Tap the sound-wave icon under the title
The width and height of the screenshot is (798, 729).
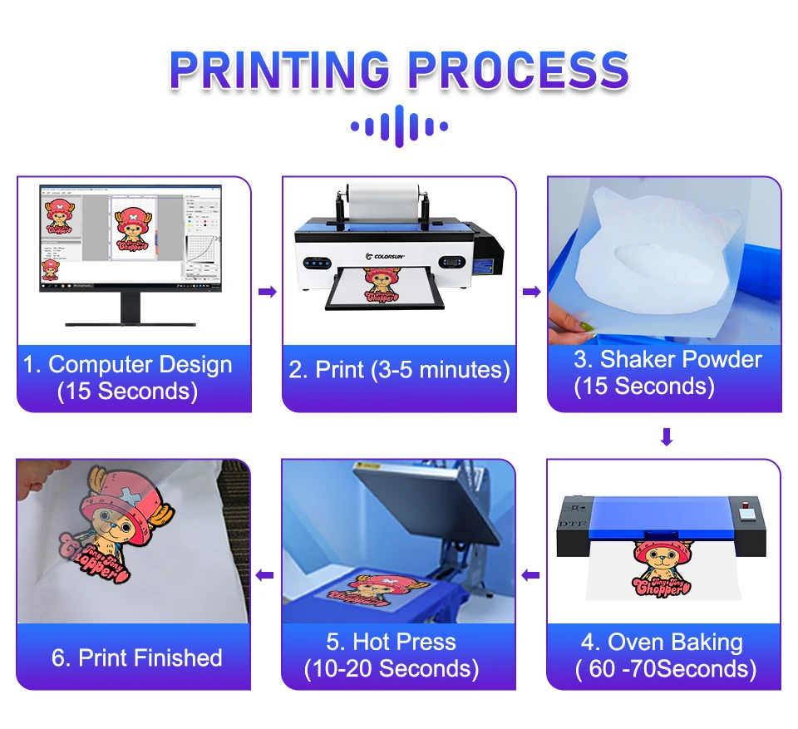tap(399, 126)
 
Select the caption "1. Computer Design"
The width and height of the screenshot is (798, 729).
tap(128, 365)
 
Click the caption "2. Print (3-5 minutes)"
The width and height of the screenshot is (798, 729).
tap(399, 370)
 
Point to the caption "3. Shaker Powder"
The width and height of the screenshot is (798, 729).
tap(667, 360)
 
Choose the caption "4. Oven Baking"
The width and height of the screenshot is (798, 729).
tap(663, 642)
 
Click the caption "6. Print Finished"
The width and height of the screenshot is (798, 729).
tap(137, 658)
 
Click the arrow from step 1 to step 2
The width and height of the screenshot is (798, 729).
tap(267, 292)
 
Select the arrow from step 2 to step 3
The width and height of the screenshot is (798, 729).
tap(531, 292)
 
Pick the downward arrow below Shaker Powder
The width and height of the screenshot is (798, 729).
tap(666, 436)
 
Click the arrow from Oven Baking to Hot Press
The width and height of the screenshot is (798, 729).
tap(531, 574)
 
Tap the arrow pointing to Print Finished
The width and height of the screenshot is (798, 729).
tap(265, 574)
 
